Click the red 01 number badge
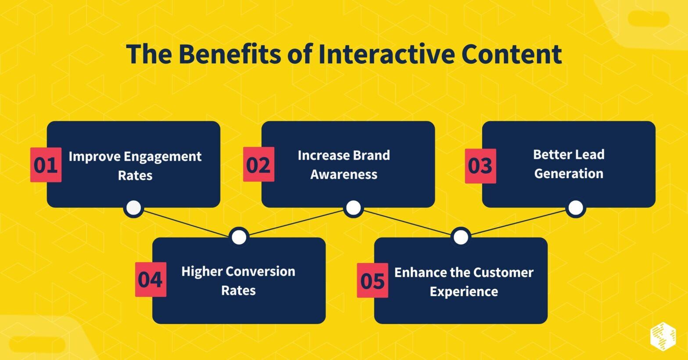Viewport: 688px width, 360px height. pyautogui.click(x=46, y=165)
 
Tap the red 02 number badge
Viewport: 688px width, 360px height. pyautogui.click(x=258, y=164)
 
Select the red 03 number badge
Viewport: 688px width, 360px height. pyautogui.click(x=480, y=166)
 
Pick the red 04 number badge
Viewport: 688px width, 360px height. pyautogui.click(x=150, y=279)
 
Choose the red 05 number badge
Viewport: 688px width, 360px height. pyautogui.click(x=372, y=280)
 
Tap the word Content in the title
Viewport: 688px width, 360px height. pyautogui.click(x=511, y=54)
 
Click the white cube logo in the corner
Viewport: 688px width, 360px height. pyautogui.click(x=663, y=336)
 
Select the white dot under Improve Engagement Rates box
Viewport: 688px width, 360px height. pyautogui.click(x=133, y=207)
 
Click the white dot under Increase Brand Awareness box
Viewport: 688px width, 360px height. pyautogui.click(x=353, y=207)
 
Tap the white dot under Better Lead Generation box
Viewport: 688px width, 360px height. pyautogui.click(x=576, y=207)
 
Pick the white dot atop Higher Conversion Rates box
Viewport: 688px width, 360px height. pyautogui.click(x=239, y=237)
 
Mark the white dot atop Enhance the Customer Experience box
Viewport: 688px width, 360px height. pyautogui.click(x=460, y=237)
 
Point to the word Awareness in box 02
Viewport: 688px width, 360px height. pyautogui.click(x=344, y=175)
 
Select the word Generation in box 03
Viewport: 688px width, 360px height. pyautogui.click(x=569, y=174)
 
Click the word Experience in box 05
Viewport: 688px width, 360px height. pyautogui.click(x=463, y=292)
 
